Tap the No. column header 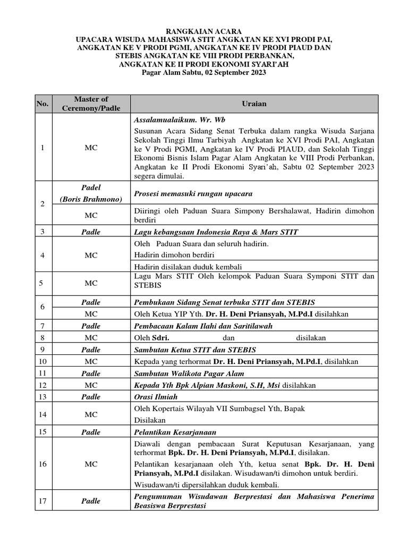click(42, 104)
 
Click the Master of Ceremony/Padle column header click(91, 104)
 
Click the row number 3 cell click(42, 232)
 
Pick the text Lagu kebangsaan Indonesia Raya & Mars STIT click(216, 232)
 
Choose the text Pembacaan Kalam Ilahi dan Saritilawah click(203, 326)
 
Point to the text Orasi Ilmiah click(156, 396)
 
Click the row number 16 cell click(42, 464)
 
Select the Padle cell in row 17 click(91, 500)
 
